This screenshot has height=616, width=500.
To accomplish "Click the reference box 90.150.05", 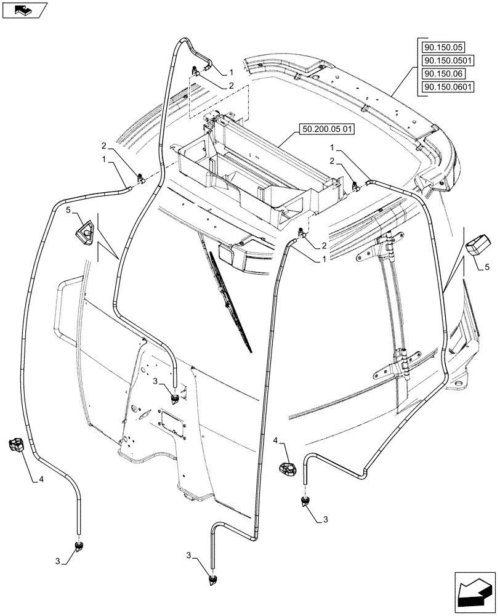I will (x=443, y=47).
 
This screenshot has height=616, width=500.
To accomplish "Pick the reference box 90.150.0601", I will (x=447, y=87).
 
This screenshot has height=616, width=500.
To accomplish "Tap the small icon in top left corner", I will (x=24, y=9).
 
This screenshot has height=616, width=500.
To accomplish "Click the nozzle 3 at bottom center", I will (x=213, y=580).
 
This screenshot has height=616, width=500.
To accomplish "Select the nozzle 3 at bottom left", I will (x=78, y=545).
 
